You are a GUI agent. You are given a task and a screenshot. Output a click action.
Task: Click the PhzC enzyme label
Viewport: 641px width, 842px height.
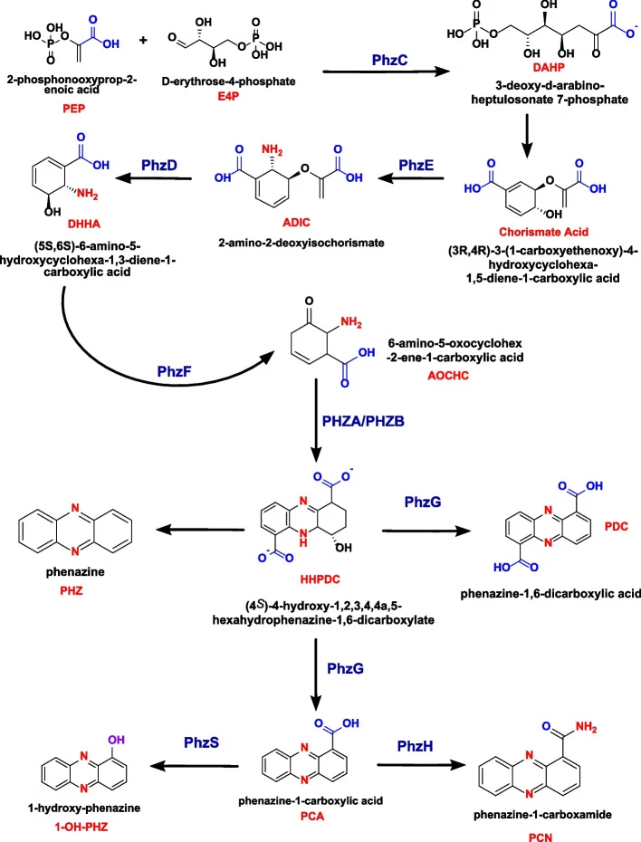pyautogui.click(x=389, y=60)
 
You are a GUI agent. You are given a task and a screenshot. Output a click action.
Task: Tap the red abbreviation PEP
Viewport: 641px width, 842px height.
pyautogui.click(x=73, y=109)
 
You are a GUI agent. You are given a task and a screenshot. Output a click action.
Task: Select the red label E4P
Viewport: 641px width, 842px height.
pyautogui.click(x=228, y=97)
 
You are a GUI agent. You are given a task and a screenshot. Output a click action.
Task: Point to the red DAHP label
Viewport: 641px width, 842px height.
pyautogui.click(x=549, y=68)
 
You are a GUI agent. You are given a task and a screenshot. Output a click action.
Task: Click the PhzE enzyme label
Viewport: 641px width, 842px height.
pyautogui.click(x=416, y=165)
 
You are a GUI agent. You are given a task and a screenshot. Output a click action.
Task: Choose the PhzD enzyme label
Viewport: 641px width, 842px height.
pyautogui.click(x=159, y=165)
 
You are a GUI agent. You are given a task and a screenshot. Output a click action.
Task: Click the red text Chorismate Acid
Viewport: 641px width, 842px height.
pyautogui.click(x=544, y=232)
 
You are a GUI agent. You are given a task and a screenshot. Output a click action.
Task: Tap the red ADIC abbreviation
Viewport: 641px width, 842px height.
pyautogui.click(x=296, y=223)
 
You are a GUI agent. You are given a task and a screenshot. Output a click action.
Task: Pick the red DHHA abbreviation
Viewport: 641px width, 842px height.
pyautogui.click(x=84, y=224)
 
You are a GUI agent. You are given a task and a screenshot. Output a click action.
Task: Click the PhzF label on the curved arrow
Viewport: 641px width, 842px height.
pyautogui.click(x=175, y=371)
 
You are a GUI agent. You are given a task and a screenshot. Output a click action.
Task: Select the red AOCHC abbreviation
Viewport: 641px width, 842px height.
pyautogui.click(x=448, y=376)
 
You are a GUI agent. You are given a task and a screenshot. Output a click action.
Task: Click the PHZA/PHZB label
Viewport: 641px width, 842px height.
pyautogui.click(x=363, y=422)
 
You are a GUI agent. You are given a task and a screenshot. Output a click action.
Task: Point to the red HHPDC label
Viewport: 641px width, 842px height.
pyautogui.click(x=320, y=579)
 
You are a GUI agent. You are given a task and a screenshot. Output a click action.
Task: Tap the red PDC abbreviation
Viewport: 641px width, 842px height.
pyautogui.click(x=617, y=526)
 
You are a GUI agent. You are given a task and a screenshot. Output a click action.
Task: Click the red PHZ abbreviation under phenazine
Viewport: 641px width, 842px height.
pyautogui.click(x=72, y=591)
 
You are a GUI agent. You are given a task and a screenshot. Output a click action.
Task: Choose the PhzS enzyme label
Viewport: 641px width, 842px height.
pyautogui.click(x=201, y=742)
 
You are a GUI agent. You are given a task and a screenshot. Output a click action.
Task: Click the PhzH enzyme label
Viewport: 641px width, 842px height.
pyautogui.click(x=415, y=746)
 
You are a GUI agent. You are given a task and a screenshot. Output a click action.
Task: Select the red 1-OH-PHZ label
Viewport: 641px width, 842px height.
pyautogui.click(x=81, y=827)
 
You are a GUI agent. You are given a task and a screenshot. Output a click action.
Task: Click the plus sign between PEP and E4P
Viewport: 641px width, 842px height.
pyautogui.click(x=143, y=40)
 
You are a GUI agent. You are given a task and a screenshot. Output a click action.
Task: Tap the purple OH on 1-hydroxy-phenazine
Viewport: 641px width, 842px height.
pyautogui.click(x=117, y=740)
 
